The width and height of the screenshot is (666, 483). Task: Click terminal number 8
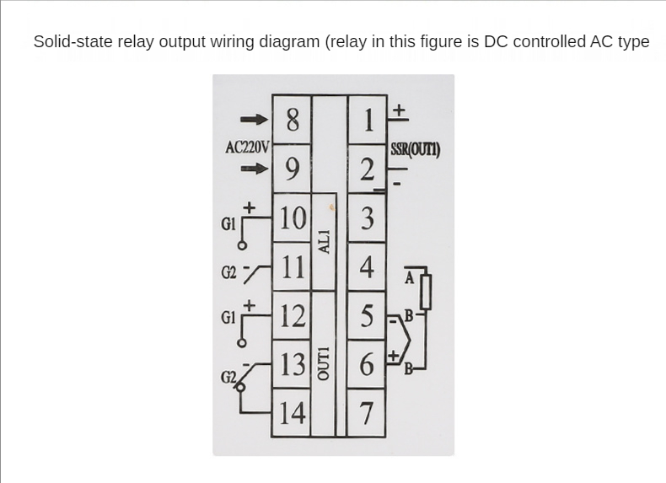[292, 121]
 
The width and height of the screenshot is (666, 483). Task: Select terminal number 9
[292, 169]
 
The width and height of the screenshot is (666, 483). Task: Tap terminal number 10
[292, 218]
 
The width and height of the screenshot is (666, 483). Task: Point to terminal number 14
[292, 414]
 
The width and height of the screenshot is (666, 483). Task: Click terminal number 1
[367, 121]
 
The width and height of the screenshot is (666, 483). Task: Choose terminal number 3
[367, 218]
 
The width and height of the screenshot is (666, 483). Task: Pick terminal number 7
[367, 414]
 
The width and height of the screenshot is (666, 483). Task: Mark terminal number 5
[367, 316]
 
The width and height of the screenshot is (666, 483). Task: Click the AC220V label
[247, 147]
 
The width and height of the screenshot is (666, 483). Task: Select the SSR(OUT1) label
[415, 151]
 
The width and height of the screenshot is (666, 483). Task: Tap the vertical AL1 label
[325, 240]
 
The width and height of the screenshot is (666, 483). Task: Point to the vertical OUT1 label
[325, 363]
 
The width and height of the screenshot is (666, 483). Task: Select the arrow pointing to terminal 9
[254, 169]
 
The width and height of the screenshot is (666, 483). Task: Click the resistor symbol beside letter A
[426, 291]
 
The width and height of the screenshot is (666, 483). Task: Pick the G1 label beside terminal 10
[228, 225]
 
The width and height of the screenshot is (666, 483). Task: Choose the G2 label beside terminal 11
[228, 272]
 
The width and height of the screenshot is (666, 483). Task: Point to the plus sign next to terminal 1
[400, 110]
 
